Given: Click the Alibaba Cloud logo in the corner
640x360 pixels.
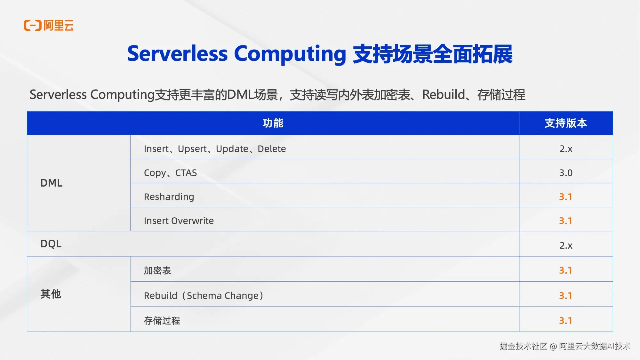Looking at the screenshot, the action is point(49,25).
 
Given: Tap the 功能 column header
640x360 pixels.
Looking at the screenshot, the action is point(273,123).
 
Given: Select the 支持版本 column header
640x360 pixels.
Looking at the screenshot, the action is point(566,123).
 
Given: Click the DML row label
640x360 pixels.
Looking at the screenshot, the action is point(51,183).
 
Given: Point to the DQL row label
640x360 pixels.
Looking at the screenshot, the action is point(51,244).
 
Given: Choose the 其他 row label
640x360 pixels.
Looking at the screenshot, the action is point(51,294).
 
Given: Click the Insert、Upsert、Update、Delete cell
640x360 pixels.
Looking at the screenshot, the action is point(215,149).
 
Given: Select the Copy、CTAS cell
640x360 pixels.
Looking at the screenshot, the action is point(170,173).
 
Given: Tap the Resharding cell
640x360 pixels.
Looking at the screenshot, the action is point(169,197).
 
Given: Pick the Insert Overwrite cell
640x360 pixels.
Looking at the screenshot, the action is point(179,221).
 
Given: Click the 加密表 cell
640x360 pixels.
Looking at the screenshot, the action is point(157,270).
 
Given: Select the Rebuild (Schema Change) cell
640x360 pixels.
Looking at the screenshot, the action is point(204,295).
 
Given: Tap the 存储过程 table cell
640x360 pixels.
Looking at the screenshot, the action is point(162,320).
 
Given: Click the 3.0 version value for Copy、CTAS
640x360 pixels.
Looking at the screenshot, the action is point(566,173).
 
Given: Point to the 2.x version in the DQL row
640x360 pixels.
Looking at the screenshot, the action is point(566,245).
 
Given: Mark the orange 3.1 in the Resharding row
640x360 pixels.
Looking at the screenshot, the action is point(565,197).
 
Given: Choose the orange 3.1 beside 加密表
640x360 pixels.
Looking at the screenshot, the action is point(565,270).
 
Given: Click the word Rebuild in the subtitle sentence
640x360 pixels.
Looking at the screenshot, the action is point(444,94).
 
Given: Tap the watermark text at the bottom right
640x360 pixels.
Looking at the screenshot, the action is point(565,346).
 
